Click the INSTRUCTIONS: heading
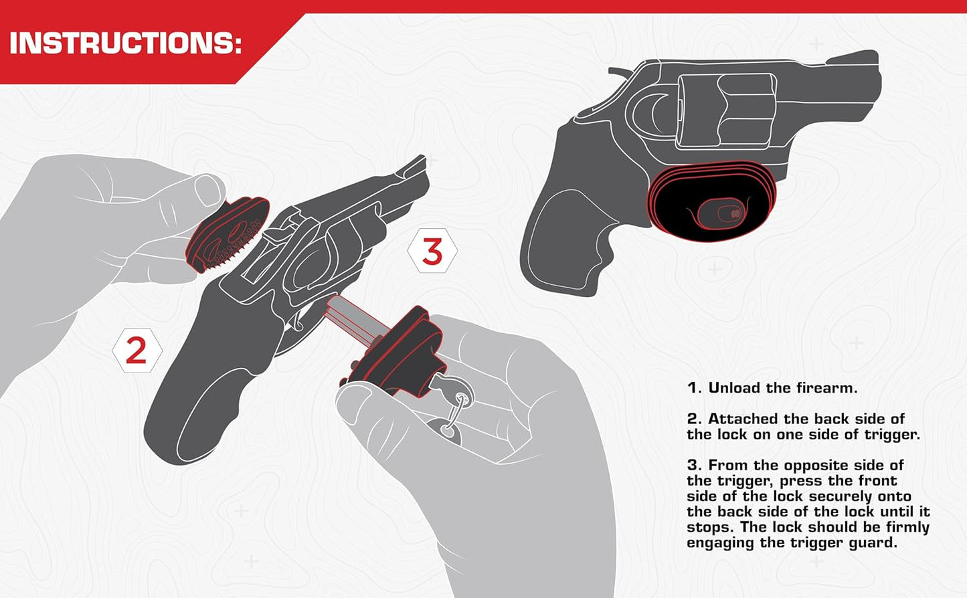point(125,43)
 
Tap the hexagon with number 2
point(137,351)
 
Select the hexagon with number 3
point(432,252)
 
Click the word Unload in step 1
point(735,388)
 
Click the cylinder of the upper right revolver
point(726,110)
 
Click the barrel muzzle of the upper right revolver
point(870,80)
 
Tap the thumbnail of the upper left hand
point(208,189)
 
